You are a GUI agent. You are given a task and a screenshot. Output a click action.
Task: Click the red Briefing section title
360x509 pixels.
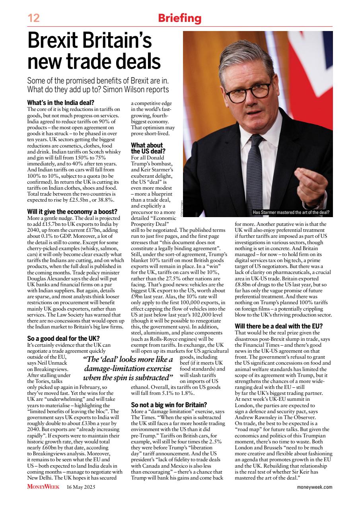pos(179,18)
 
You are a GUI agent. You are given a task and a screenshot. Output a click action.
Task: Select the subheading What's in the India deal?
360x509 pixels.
pos(61,103)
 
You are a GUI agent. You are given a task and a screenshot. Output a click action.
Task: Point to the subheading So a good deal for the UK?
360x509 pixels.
pos(63,338)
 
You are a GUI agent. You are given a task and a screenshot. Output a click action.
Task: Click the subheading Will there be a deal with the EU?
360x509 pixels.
pos(278,326)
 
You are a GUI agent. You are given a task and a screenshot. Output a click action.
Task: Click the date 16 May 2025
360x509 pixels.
pos(81,487)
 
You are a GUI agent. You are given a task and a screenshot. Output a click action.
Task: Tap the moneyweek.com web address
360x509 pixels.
pos(315,487)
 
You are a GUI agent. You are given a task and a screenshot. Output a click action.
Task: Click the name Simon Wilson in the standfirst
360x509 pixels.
pos(124,89)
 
